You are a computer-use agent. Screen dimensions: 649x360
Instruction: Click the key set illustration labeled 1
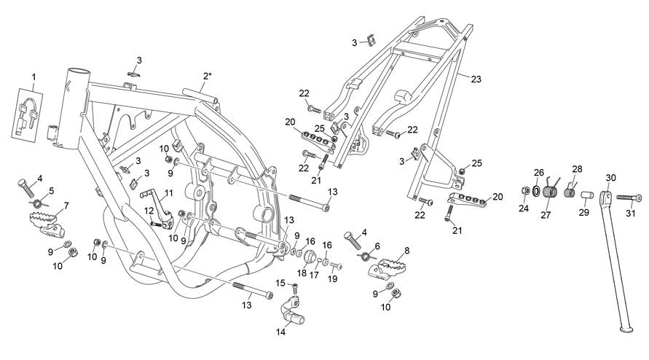(27, 114)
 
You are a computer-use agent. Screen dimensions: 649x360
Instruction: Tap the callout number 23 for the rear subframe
(476, 79)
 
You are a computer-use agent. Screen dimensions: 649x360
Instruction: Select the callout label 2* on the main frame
(208, 76)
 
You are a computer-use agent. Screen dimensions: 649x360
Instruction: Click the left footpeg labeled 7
(47, 224)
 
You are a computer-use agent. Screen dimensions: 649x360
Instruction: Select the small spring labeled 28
(570, 191)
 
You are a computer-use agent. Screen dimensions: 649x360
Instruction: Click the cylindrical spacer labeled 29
(588, 195)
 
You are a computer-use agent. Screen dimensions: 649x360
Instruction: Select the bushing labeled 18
(310, 257)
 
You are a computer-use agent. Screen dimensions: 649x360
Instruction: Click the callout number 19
(332, 279)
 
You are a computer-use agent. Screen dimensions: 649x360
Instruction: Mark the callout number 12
(149, 211)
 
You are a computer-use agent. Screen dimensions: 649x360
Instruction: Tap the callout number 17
(314, 274)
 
